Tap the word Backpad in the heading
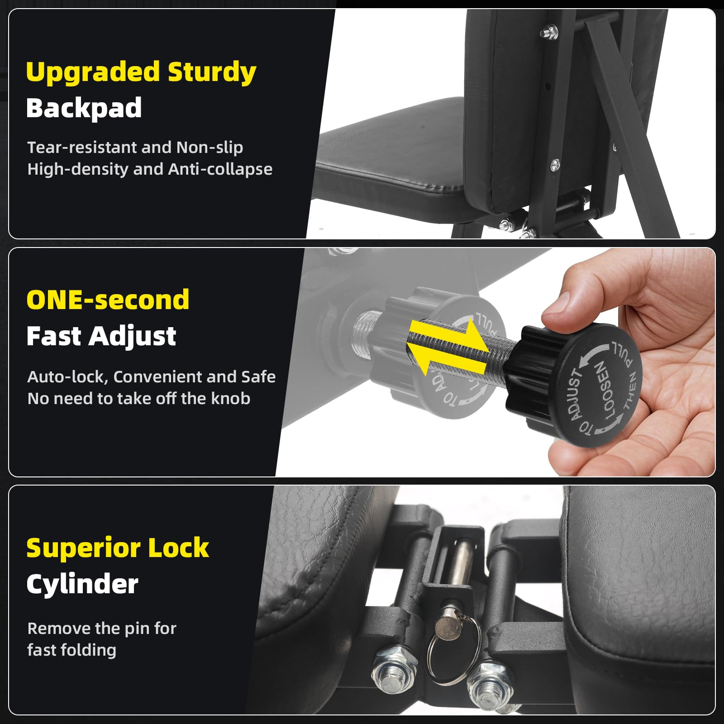(x=84, y=108)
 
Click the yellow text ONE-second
(x=108, y=300)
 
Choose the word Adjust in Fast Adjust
(x=132, y=337)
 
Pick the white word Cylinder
(x=82, y=584)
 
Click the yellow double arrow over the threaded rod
(x=448, y=347)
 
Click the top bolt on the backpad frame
(x=549, y=32)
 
